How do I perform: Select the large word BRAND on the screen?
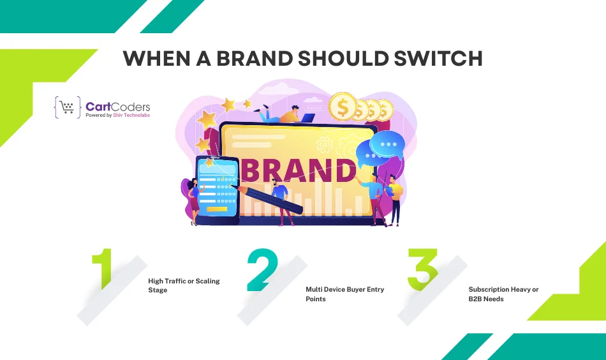click(297, 171)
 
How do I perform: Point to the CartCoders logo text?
click(117, 106)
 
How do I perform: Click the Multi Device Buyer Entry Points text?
click(344, 294)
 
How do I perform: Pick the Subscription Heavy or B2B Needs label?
click(503, 294)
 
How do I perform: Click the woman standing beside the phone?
click(193, 201)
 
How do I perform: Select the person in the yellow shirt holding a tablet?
click(395, 198)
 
